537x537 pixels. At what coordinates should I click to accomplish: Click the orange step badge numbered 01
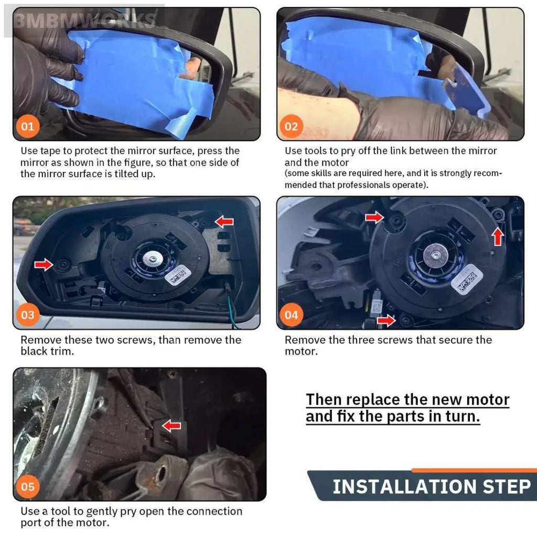[28, 126]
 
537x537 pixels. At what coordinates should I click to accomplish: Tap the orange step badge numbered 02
[292, 126]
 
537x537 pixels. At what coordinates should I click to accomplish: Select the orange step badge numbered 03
[28, 315]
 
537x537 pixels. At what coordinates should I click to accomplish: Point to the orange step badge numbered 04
[292, 315]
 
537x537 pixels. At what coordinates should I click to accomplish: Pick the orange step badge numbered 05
[28, 487]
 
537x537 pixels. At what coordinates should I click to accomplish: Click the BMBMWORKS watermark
[84, 20]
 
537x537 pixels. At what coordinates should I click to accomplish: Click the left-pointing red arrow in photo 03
[224, 222]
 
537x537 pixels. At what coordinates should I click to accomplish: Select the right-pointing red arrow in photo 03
[44, 264]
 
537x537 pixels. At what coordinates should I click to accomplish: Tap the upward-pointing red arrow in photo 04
[498, 237]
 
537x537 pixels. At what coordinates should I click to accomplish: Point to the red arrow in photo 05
[171, 426]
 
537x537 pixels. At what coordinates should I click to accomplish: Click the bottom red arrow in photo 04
[386, 320]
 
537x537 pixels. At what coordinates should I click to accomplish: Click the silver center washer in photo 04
[436, 255]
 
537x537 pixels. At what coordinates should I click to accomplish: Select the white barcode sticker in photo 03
[178, 275]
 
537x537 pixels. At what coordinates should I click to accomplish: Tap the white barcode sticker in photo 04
[467, 279]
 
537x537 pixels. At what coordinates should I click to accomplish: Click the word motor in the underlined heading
[488, 400]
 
